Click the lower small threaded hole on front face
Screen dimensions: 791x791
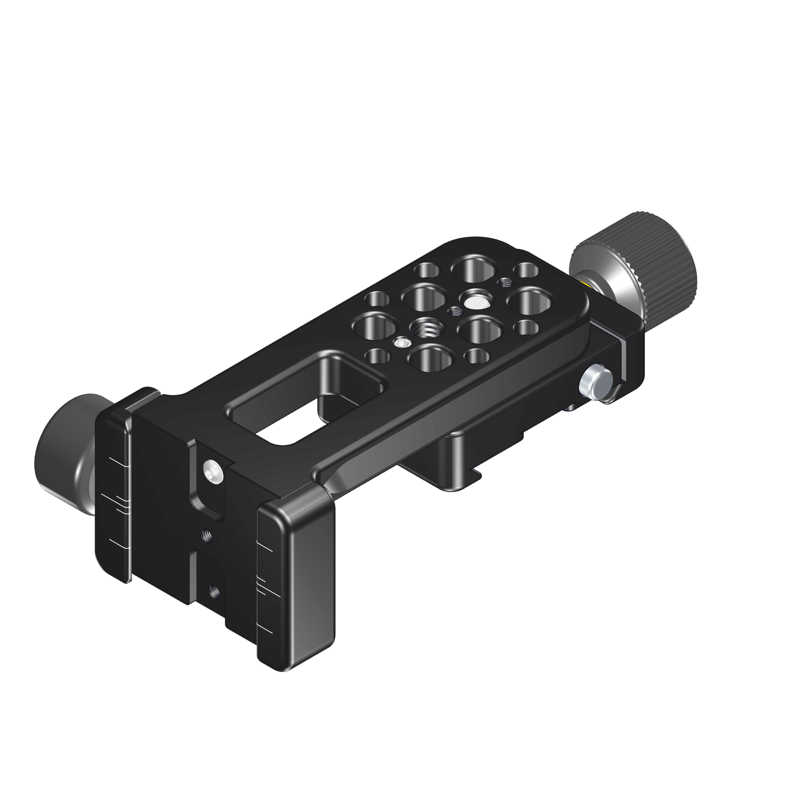215,590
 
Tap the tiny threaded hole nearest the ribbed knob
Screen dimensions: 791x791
506,283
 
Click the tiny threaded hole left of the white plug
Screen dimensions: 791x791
454,311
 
